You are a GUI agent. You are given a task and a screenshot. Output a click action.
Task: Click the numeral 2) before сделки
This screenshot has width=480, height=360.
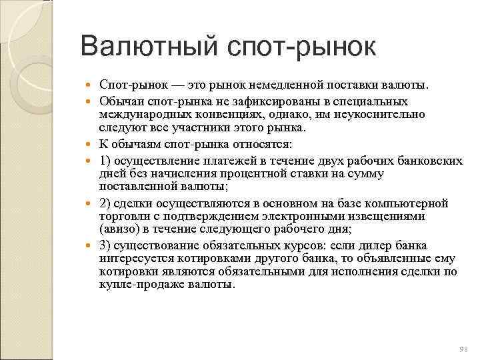pyautogui.click(x=105, y=203)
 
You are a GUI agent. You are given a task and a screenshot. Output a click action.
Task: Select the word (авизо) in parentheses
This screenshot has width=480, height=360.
pyautogui.click(x=119, y=229)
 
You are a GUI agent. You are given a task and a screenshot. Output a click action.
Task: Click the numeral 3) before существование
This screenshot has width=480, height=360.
pyautogui.click(x=105, y=245)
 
